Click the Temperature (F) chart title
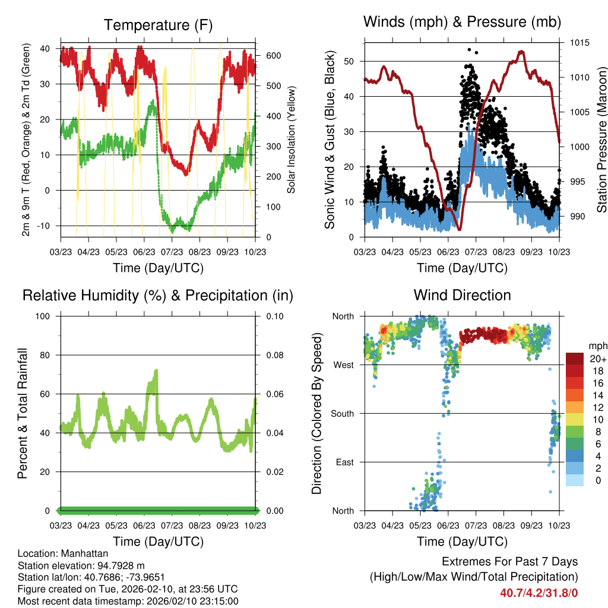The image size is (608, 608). coord(157,25)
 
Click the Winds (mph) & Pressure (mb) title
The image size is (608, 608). coord(462,22)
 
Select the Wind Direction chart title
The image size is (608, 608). coord(462,294)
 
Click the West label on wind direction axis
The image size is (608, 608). coord(343,365)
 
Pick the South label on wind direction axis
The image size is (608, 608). coord(343,413)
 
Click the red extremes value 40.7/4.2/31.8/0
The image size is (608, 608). coord(539,592)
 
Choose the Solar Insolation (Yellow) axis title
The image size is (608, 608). coord(291,139)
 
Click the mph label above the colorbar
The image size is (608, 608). coord(597,346)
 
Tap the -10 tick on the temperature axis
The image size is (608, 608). coord(45,226)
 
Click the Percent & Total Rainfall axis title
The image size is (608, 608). coord(22,413)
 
